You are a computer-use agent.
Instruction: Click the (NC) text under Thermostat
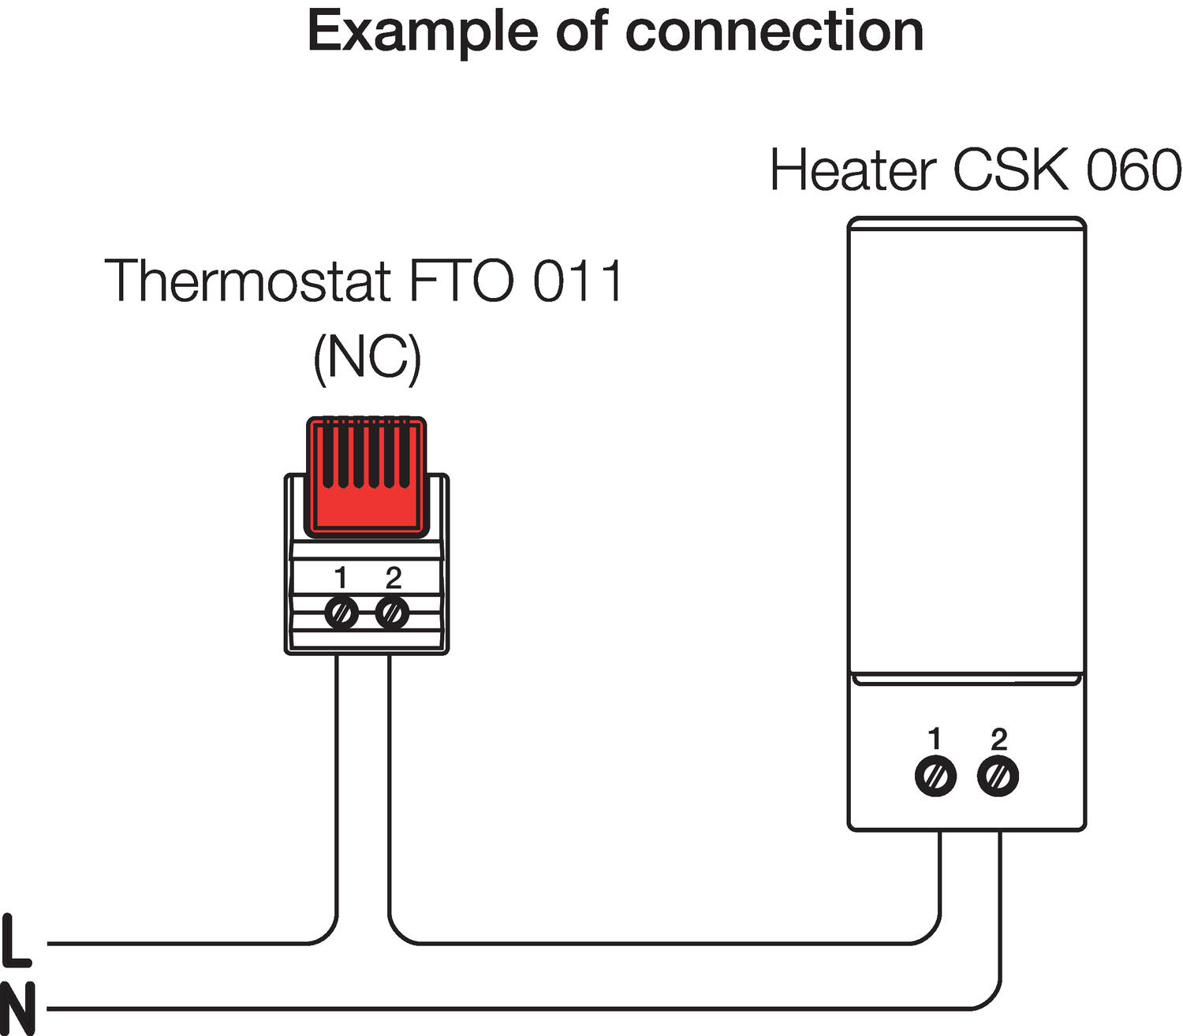pyautogui.click(x=367, y=359)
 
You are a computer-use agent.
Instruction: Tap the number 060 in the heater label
pyautogui.click(x=1133, y=170)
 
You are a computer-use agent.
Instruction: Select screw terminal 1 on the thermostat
pyautogui.click(x=341, y=613)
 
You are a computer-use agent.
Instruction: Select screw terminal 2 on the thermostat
pyautogui.click(x=392, y=613)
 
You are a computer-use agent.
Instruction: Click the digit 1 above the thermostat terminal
pyautogui.click(x=341, y=578)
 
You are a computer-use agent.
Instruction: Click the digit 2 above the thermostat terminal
pyautogui.click(x=393, y=578)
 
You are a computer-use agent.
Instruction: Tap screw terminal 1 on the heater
pyautogui.click(x=935, y=777)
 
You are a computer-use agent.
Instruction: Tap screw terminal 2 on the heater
pyautogui.click(x=998, y=777)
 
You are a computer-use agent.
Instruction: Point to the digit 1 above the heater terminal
pyautogui.click(x=935, y=739)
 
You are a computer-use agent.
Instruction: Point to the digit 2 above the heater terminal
pyautogui.click(x=998, y=739)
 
